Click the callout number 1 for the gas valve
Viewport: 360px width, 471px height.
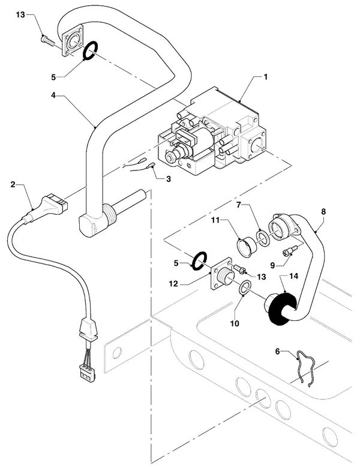265,77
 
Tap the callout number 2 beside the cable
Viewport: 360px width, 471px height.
13,184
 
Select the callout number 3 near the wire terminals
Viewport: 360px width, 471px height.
168,179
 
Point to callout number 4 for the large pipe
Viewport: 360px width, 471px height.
53,95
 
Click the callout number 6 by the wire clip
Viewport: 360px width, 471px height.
277,351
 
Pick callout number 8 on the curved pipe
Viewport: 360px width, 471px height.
323,211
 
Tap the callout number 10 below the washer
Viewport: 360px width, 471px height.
235,323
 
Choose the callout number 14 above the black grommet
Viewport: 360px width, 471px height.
294,276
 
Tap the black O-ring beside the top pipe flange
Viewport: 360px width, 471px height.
89,50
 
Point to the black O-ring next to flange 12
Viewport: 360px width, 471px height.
199,260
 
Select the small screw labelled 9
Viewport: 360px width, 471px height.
290,250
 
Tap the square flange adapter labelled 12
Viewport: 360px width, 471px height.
222,274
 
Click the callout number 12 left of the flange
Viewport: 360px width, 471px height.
173,284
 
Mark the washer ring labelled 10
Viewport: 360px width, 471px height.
245,287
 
